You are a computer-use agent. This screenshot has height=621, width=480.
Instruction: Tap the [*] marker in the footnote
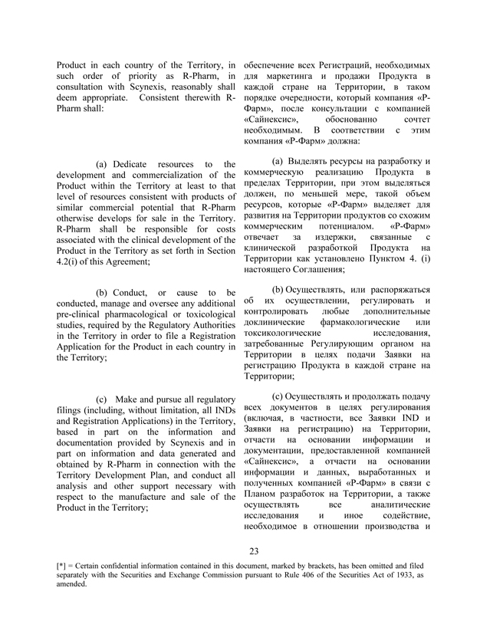tap(64, 586)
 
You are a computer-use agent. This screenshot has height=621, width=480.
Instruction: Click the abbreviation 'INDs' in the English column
tap(219, 410)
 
